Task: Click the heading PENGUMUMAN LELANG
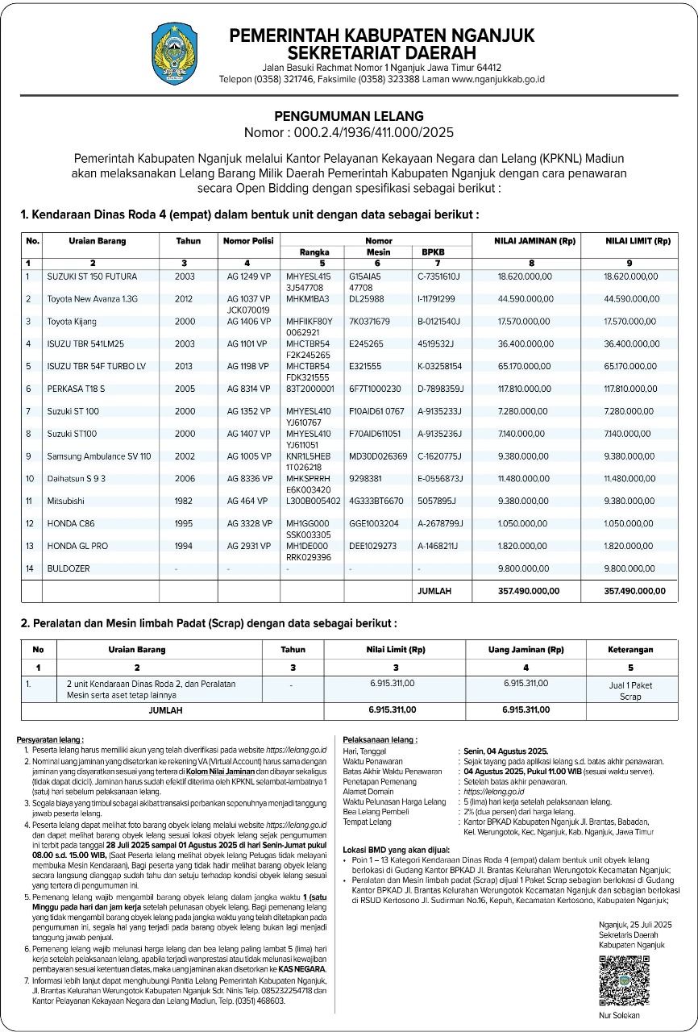(x=348, y=116)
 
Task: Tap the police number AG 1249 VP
(x=248, y=277)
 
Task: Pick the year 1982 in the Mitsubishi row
(x=184, y=501)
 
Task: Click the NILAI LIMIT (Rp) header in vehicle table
(x=638, y=241)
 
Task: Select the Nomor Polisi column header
(x=248, y=241)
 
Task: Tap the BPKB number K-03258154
(x=439, y=366)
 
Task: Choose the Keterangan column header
(x=630, y=649)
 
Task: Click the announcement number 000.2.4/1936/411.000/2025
(x=348, y=132)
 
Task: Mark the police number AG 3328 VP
(x=248, y=523)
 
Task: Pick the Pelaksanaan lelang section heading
(x=380, y=739)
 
